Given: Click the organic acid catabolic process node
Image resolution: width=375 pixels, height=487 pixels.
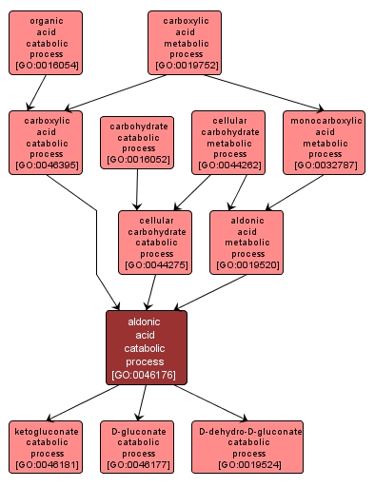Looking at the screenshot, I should (46, 43).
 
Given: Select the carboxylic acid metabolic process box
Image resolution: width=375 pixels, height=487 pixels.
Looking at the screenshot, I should (185, 43).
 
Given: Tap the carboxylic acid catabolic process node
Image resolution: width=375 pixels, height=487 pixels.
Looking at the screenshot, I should (46, 141).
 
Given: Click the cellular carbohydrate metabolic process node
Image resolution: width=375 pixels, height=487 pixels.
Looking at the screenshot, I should (229, 141).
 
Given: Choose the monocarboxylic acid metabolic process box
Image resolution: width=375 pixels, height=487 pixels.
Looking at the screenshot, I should (324, 141).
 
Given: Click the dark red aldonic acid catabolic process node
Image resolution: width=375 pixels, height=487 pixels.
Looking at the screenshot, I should (146, 347).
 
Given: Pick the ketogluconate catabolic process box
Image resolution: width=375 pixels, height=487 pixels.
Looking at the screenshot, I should (46, 447).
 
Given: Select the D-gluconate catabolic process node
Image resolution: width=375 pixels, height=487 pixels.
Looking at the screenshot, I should (137, 447).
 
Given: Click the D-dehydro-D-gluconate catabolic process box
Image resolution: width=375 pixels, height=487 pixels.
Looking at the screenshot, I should (247, 447).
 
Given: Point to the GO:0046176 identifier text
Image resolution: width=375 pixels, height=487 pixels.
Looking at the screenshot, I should (146, 375).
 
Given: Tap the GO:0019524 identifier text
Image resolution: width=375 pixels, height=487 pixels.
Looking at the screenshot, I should (247, 465).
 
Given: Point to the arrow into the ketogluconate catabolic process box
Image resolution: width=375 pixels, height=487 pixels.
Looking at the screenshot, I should (81, 403).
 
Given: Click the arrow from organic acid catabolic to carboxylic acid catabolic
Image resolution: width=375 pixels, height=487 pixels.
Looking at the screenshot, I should (34, 93).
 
